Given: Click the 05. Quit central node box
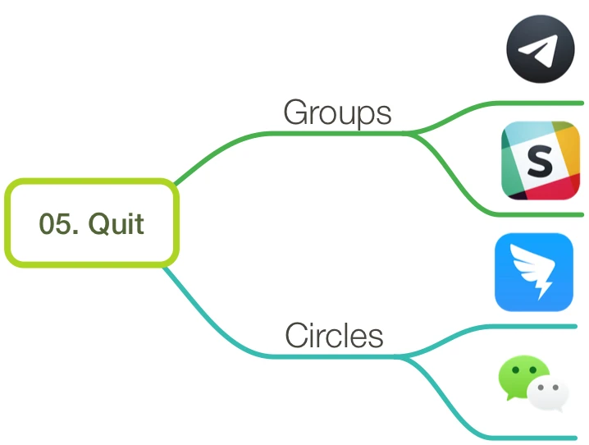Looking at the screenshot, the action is [x=92, y=222].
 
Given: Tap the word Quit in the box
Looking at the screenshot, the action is [x=116, y=224].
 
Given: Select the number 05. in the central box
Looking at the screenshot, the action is [x=59, y=224].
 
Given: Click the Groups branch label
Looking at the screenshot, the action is [x=337, y=112].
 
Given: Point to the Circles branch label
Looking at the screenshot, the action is [x=335, y=335].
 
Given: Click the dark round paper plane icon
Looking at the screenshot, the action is [x=541, y=49].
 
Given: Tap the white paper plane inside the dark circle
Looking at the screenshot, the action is [x=538, y=51].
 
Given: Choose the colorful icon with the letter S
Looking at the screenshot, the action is [x=541, y=160].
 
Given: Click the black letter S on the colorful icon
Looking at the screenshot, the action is [x=540, y=161].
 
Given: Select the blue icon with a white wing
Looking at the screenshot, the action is [x=534, y=272].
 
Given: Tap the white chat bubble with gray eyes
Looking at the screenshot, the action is [x=548, y=394].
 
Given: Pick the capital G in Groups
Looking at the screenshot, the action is [x=294, y=112].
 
